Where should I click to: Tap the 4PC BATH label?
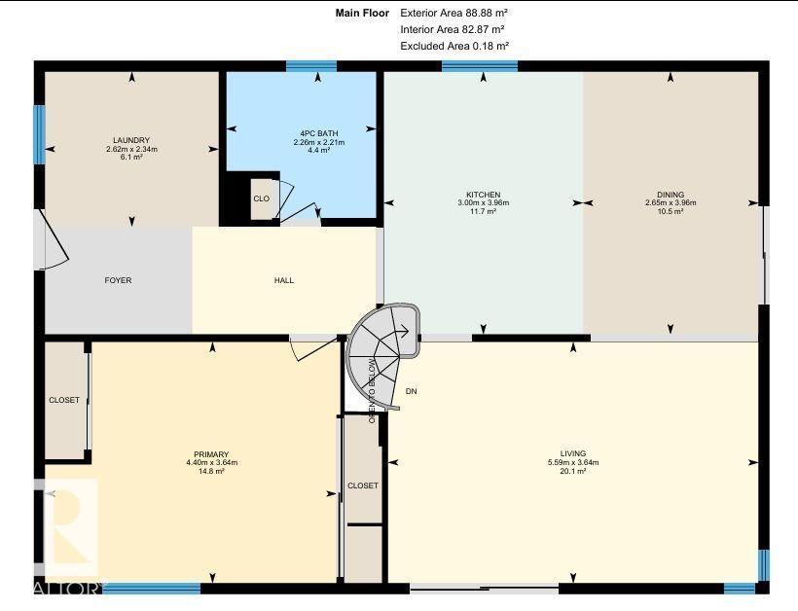tap(319, 134)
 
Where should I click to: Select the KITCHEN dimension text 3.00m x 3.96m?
tap(484, 202)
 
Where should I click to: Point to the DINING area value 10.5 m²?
tap(671, 211)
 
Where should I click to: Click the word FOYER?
tap(118, 280)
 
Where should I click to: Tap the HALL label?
tap(284, 280)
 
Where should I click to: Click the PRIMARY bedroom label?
tap(211, 454)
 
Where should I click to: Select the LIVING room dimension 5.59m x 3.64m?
tap(573, 462)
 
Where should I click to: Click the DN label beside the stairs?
tap(412, 391)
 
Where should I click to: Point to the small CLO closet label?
tap(262, 198)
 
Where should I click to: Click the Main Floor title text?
tap(362, 14)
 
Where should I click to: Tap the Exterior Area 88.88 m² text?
tap(453, 14)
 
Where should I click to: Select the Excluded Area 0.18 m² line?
tap(455, 46)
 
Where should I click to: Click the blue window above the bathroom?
tap(311, 66)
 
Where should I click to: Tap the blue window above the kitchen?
tap(480, 66)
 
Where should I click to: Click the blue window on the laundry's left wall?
tap(40, 135)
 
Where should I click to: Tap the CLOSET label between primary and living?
tap(363, 485)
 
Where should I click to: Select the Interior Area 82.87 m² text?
tap(453, 29)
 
